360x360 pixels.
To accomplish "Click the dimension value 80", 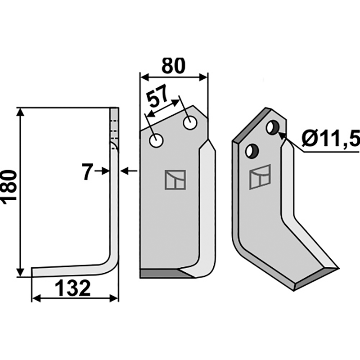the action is click(173, 66).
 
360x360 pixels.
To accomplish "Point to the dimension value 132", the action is click(72, 288).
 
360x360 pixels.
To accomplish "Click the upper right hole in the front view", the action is click(190, 123).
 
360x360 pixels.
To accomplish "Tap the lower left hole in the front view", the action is click(156, 140).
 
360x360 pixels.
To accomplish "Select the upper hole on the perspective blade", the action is click(273, 127).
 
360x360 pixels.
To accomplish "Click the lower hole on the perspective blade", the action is click(252, 151).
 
